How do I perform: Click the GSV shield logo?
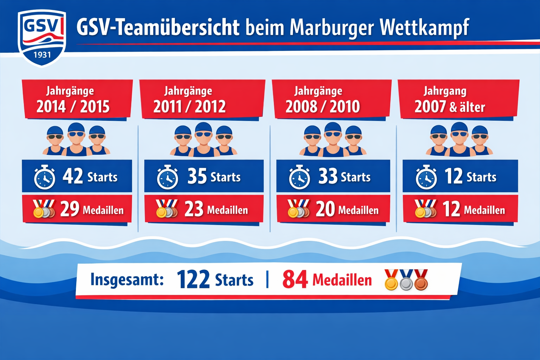(42, 37)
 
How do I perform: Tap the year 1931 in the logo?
(42, 55)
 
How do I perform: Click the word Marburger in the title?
(331, 28)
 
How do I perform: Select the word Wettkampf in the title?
(424, 28)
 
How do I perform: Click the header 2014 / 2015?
(73, 107)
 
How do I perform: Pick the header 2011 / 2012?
(189, 107)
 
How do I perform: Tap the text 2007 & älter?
(450, 107)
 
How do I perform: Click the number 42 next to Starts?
(73, 176)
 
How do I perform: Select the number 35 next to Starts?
(197, 176)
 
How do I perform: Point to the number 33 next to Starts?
(328, 176)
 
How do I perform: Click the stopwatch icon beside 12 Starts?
(426, 178)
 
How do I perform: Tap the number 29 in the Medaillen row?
(70, 209)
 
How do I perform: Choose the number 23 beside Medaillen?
(194, 209)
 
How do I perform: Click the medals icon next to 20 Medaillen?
(298, 208)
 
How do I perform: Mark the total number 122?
(193, 280)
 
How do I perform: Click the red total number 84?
(295, 280)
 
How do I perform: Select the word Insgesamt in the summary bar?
(127, 280)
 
